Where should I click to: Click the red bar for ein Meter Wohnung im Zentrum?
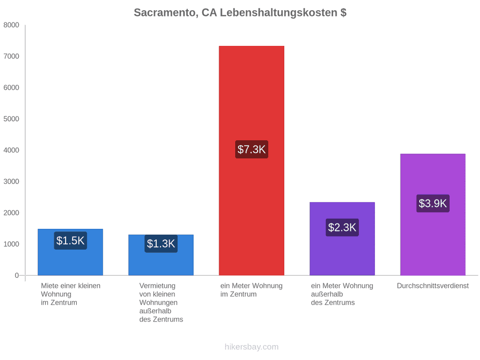point(251,161)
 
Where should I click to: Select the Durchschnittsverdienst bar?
point(433,214)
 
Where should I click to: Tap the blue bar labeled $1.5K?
point(70,252)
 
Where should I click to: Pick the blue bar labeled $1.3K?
point(161,255)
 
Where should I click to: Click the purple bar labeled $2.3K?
point(342,239)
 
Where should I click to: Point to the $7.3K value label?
point(252,149)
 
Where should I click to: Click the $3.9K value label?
point(433,203)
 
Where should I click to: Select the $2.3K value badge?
point(342,227)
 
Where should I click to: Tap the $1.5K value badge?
point(70,241)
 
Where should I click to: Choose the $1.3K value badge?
point(161,244)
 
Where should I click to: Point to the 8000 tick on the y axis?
point(11,25)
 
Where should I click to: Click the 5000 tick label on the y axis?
point(11,119)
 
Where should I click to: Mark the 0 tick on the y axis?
point(17,275)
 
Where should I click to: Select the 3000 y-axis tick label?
point(11,181)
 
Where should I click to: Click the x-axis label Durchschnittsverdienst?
point(433,286)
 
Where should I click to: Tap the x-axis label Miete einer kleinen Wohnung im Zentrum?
point(71,294)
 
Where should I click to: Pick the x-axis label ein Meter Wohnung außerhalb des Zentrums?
point(342,294)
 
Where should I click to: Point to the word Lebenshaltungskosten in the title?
point(278,13)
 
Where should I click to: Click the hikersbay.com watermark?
point(252,347)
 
